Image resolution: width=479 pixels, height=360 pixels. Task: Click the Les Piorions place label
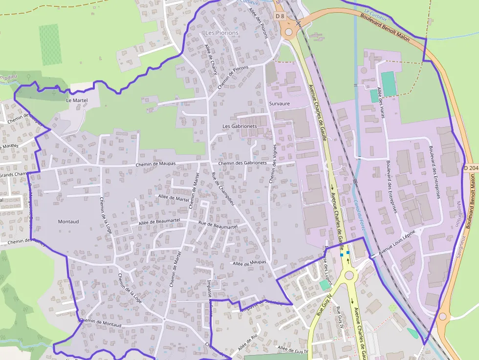click(x=222, y=33)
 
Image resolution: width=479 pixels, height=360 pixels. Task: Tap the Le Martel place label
click(x=77, y=100)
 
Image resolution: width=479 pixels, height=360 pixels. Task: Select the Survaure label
click(x=279, y=104)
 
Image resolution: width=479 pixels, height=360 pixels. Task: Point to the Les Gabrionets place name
click(x=239, y=126)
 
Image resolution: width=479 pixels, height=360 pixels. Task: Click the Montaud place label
click(x=68, y=221)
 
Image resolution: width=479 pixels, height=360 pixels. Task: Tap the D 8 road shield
click(x=280, y=16)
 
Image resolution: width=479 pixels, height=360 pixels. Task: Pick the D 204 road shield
click(x=470, y=168)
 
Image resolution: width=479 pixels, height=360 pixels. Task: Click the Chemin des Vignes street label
click(x=273, y=164)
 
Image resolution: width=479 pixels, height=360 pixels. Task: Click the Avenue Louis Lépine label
click(x=397, y=242)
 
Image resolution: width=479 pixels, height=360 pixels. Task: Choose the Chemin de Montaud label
click(x=100, y=322)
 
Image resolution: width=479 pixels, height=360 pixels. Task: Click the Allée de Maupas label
click(x=249, y=263)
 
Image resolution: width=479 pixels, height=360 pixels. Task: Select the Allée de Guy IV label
click(x=292, y=349)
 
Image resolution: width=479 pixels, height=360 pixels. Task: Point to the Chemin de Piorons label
click(x=233, y=77)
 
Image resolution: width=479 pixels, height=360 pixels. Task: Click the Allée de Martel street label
click(x=173, y=197)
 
